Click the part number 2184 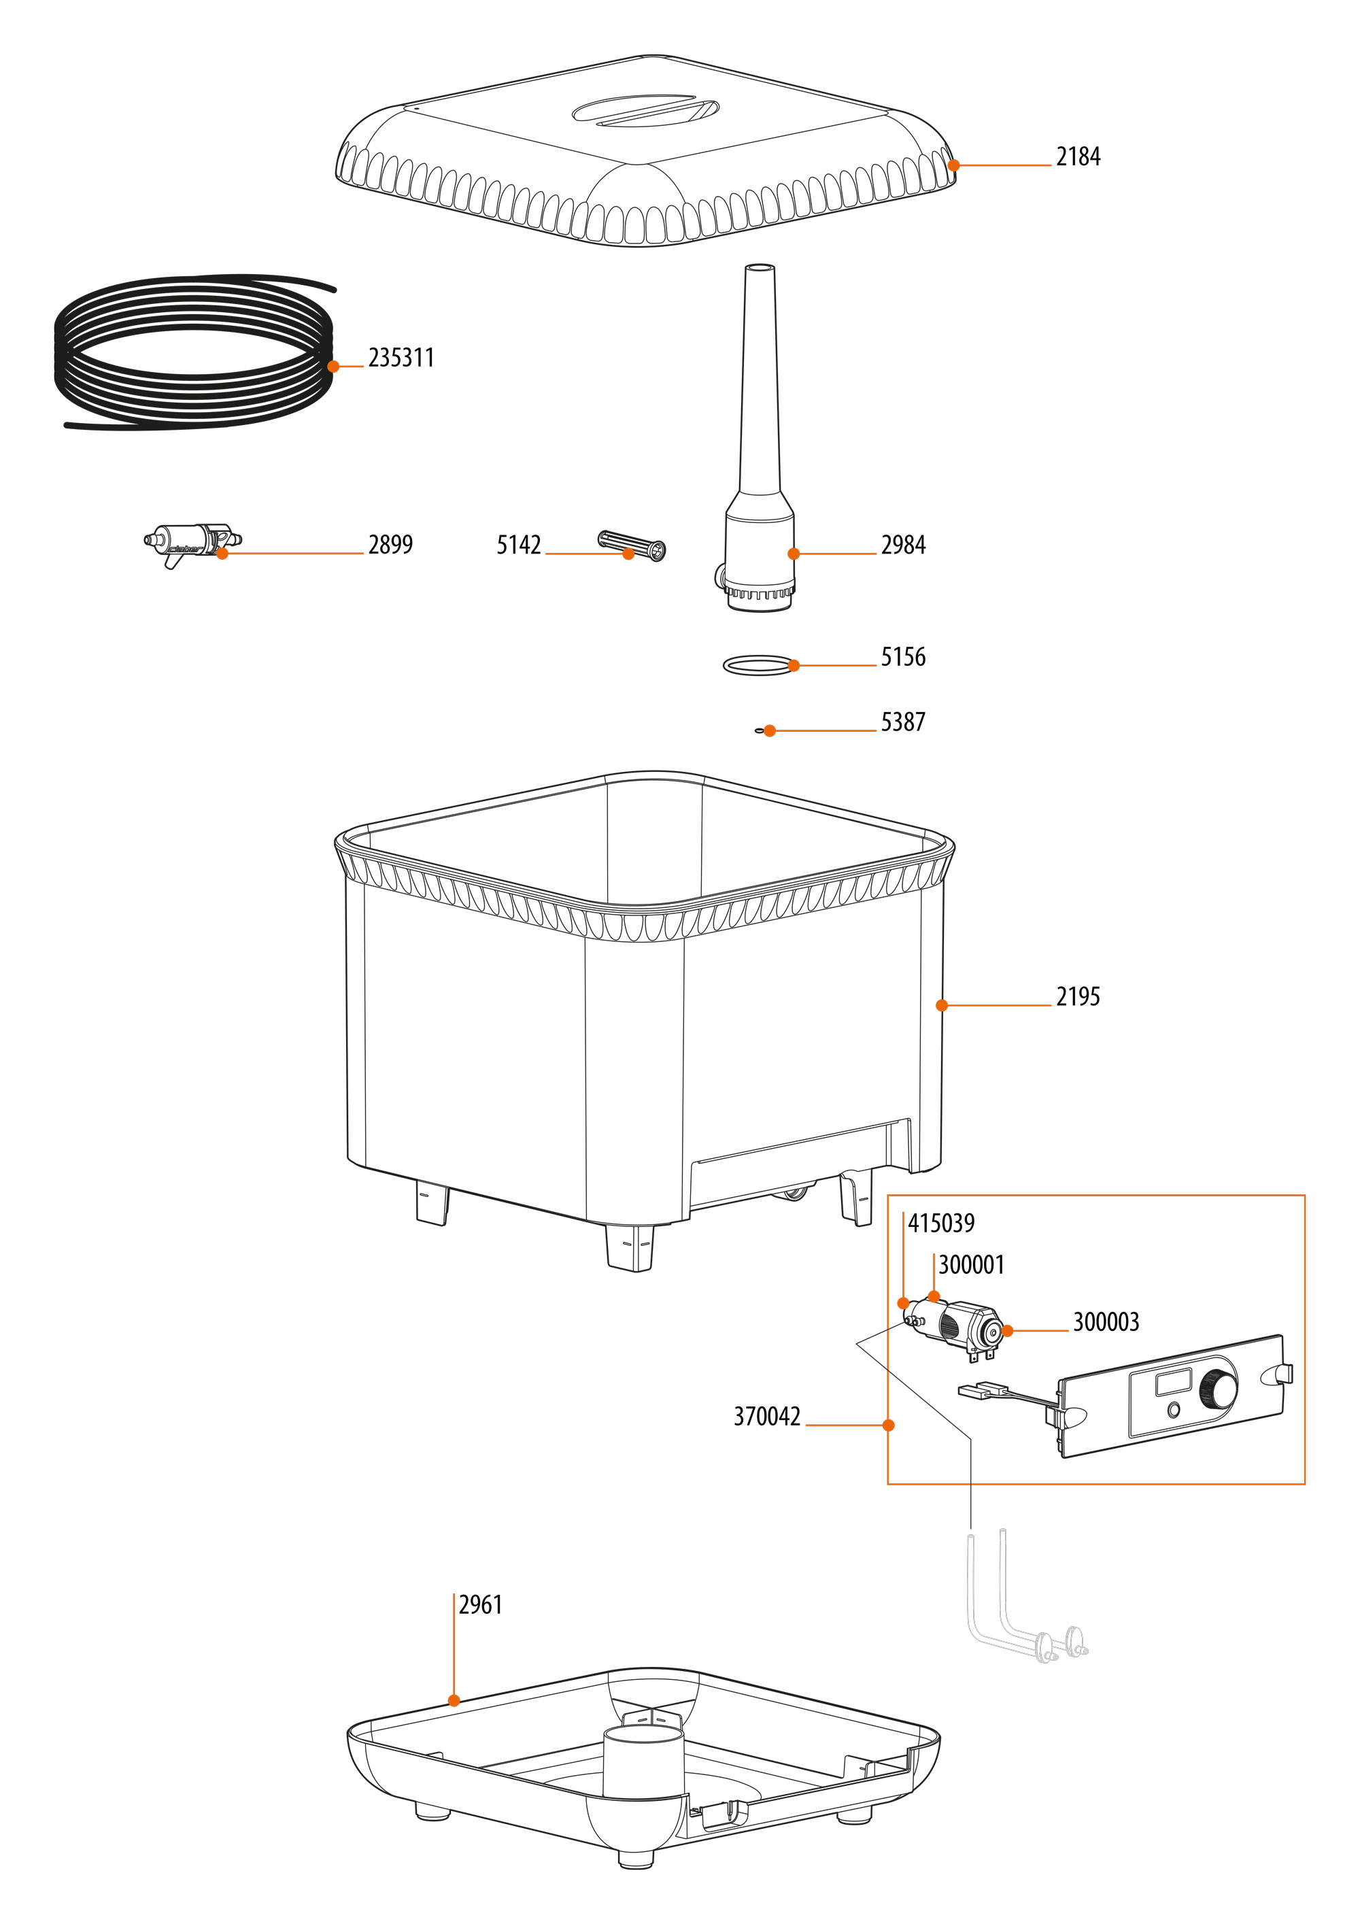pos(1078,156)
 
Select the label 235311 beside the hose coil pos(401,358)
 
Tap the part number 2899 pos(390,545)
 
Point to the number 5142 pos(519,545)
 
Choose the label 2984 pos(902,545)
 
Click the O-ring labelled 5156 pos(758,665)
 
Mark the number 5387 pos(902,722)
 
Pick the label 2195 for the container pos(1078,996)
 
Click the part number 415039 pos(941,1223)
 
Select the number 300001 pos(970,1264)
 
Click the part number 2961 pos(480,1605)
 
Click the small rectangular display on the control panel pos(1173,1381)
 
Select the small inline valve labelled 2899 pos(191,541)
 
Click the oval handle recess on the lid pos(645,111)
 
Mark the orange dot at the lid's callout pos(953,165)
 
